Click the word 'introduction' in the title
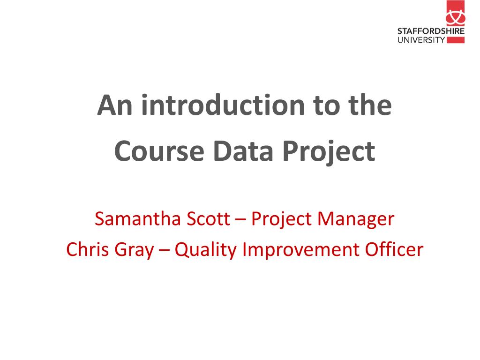coord(223,105)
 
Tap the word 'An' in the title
coord(115,105)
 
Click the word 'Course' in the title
coord(159,151)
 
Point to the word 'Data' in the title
coord(243,151)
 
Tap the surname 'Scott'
coord(208,218)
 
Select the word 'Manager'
coord(356,220)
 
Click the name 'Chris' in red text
coord(88,249)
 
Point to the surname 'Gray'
coord(134,250)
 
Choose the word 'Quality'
coord(206,250)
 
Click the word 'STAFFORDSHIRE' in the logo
coord(431,31)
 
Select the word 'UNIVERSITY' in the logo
coord(421,40)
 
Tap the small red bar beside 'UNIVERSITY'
coord(456,40)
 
